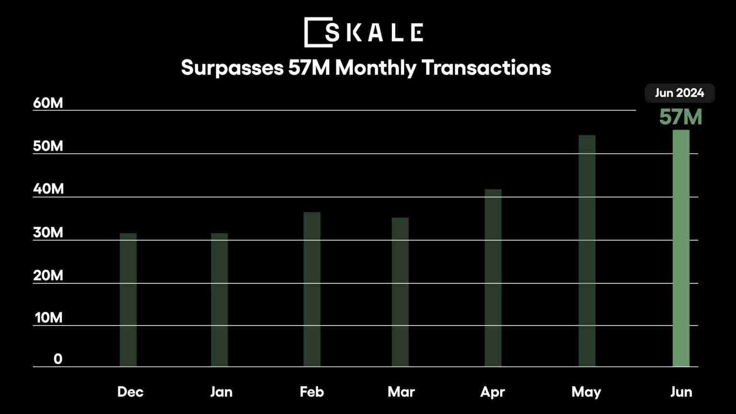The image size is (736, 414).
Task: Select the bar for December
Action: click(128, 299)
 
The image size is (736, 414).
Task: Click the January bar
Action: click(219, 299)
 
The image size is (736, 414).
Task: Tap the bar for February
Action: click(312, 289)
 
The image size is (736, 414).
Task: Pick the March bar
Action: click(400, 292)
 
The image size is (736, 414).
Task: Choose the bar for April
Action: click(493, 278)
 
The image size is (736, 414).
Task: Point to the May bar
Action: click(587, 251)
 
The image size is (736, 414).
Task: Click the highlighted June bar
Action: click(681, 248)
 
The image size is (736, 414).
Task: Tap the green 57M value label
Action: click(680, 117)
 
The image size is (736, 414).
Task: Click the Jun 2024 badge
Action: click(679, 93)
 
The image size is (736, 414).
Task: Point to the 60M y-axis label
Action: click(48, 103)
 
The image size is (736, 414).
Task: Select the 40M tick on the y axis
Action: click(48, 189)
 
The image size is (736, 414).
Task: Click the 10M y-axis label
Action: click(48, 318)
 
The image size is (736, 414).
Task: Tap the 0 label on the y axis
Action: click(58, 359)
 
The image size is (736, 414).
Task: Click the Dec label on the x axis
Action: click(130, 392)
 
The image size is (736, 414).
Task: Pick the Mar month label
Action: click(401, 392)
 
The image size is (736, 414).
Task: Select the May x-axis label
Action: click(586, 392)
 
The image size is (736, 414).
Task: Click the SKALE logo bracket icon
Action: click(318, 33)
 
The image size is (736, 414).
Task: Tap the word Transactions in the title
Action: click(486, 68)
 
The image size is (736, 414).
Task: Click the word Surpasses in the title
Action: click(232, 68)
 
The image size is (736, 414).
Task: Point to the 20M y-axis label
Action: click(48, 276)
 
